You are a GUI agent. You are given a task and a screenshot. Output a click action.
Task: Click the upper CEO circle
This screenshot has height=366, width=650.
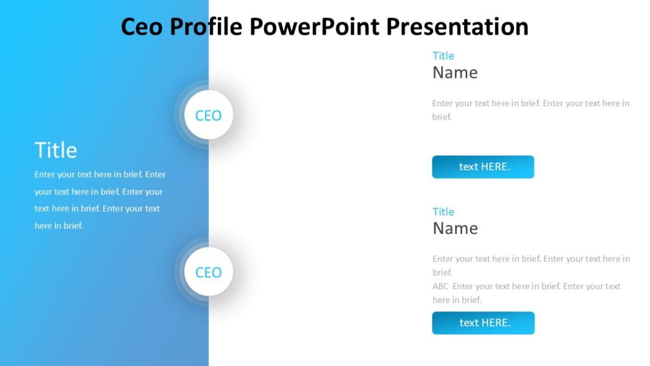tap(208, 116)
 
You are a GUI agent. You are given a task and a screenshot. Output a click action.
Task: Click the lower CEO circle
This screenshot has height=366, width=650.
tap(208, 273)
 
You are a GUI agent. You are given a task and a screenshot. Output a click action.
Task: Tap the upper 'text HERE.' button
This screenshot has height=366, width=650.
tap(483, 167)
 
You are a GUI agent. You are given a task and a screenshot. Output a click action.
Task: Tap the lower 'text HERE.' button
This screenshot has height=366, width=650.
tap(483, 323)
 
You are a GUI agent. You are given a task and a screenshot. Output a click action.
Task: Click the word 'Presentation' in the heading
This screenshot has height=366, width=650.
tap(457, 27)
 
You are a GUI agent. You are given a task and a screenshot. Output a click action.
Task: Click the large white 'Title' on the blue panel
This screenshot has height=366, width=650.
tap(56, 150)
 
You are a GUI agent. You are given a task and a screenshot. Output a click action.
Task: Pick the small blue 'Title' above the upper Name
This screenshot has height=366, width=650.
tap(443, 56)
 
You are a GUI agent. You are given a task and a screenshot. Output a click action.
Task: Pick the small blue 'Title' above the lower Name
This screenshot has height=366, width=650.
tap(443, 212)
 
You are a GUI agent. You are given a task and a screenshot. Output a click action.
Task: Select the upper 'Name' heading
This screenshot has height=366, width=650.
tap(454, 72)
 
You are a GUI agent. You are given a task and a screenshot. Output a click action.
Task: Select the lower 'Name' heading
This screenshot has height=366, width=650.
tap(454, 228)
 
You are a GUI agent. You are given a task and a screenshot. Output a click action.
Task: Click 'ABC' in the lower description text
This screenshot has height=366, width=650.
tap(441, 287)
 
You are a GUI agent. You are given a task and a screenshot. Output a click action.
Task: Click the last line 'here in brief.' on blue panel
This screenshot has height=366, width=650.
tap(59, 226)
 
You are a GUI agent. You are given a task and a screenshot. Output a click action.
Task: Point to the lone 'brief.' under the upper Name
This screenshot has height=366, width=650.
tap(442, 117)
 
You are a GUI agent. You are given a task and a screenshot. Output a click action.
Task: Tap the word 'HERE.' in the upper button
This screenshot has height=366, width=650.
tap(496, 167)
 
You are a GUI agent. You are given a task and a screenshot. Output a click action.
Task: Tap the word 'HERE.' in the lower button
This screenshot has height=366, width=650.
tap(496, 323)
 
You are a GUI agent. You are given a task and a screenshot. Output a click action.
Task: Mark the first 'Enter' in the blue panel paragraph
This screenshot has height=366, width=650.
tap(45, 174)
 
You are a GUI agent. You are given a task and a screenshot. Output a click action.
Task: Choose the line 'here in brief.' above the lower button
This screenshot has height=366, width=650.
tap(457, 300)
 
